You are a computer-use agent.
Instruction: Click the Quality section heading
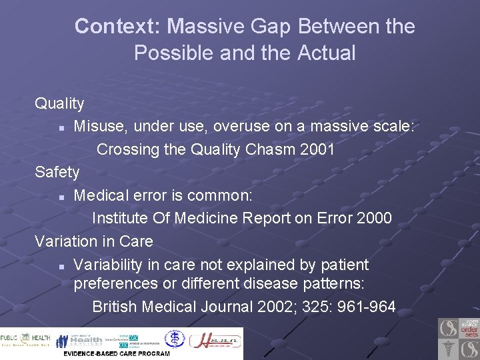coord(59,103)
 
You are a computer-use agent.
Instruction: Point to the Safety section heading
coord(57,172)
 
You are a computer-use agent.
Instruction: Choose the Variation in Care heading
coord(94,241)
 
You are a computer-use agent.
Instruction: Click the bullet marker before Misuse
coord(61,127)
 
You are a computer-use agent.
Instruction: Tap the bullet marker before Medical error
coord(61,196)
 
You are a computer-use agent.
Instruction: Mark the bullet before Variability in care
coord(61,265)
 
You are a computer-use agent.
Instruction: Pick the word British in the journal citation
coord(115,307)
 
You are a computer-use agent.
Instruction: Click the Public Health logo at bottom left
coord(25,340)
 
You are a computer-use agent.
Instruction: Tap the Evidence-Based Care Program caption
coord(117,353)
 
